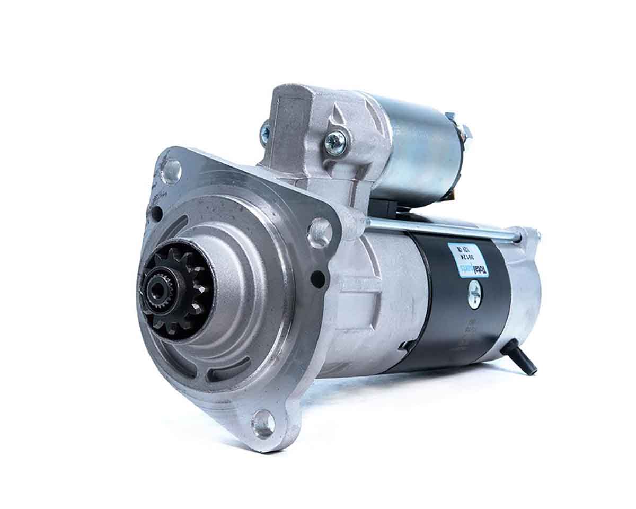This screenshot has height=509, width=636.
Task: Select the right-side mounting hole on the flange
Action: tap(320, 232)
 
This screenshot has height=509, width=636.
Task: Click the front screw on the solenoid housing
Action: tap(335, 143)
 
